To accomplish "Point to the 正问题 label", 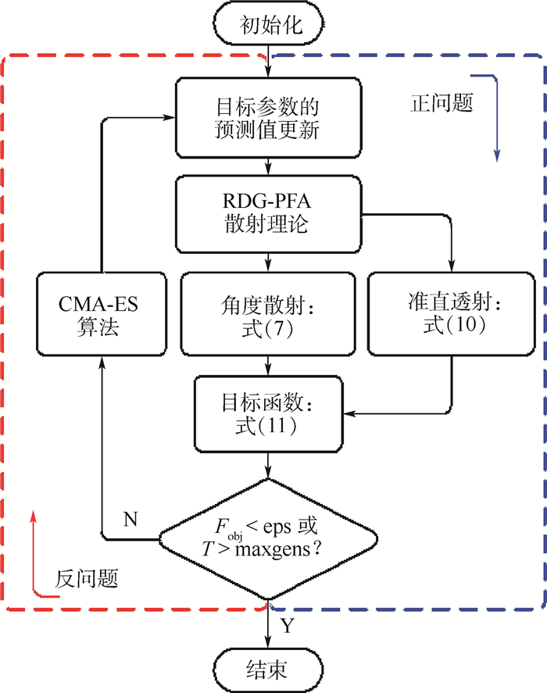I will pyautogui.click(x=442, y=103).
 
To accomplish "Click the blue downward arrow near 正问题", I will pyautogui.click(x=495, y=117).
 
